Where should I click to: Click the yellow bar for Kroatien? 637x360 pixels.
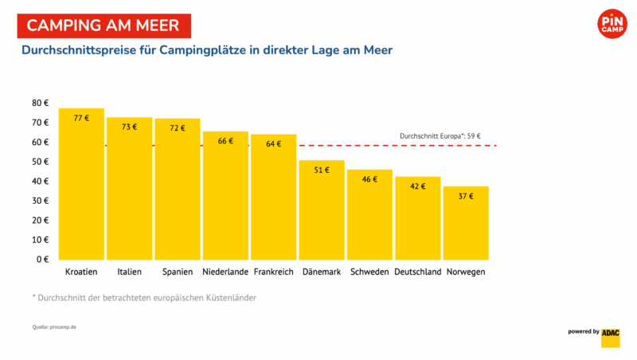coord(81,184)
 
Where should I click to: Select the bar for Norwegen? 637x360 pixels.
coord(466,223)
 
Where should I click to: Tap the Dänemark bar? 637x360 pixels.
coord(322,210)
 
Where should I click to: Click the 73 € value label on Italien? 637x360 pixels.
coord(129,127)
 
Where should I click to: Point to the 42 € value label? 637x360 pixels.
coord(417,186)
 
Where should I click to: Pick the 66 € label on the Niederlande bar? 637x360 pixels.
coord(225,141)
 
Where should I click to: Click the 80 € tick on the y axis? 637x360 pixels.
coord(41,104)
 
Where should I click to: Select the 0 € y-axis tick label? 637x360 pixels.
coord(42,259)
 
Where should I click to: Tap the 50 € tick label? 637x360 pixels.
coord(41,162)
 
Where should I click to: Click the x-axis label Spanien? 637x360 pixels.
coord(178,272)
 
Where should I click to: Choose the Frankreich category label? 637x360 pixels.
coord(273,272)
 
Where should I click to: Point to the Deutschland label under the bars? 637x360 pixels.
coord(417,272)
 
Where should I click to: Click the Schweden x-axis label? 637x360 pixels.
coord(369,272)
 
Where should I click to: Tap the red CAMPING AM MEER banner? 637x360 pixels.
coord(104,26)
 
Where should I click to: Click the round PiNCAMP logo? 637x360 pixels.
coord(612,24)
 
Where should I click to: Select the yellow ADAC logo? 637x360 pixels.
coord(611,338)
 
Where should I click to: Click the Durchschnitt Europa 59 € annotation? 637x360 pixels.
coord(440,136)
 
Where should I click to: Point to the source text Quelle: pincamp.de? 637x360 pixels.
coord(54,327)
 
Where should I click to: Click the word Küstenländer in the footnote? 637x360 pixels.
coord(231,298)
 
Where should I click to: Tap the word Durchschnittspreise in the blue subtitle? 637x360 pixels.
coord(79,50)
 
